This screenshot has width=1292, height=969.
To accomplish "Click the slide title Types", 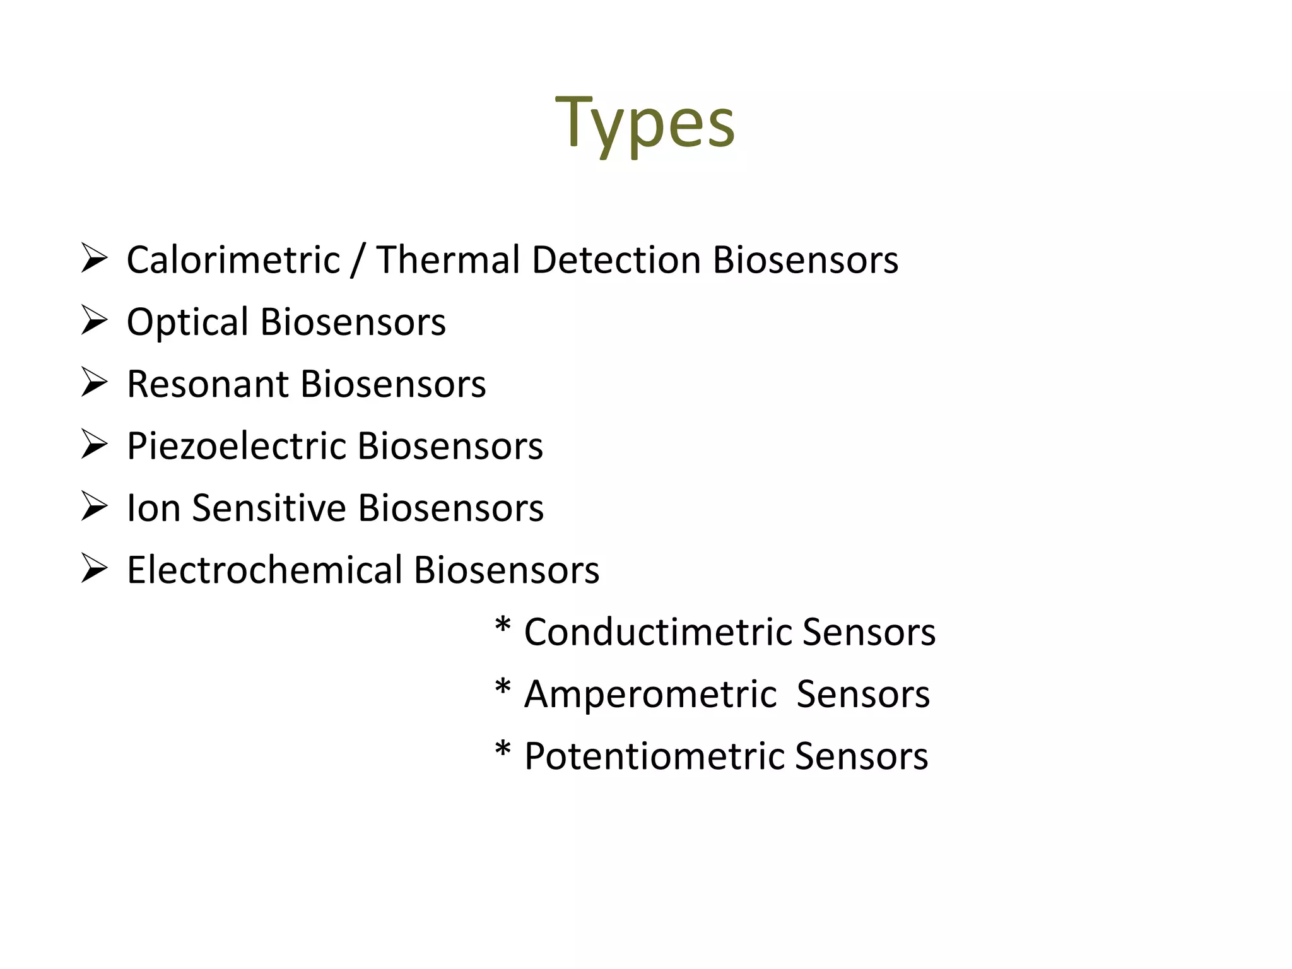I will [x=645, y=123].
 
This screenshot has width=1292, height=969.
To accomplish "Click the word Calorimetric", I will [x=233, y=260].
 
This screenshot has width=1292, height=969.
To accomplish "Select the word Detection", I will [x=616, y=260].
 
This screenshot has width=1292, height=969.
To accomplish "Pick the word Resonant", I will [x=208, y=384].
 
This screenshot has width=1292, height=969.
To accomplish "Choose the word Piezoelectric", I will [x=236, y=446].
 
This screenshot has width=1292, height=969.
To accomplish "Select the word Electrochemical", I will [x=264, y=570].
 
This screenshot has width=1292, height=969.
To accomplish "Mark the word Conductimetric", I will [x=657, y=631].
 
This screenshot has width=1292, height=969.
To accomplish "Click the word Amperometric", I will [x=650, y=694].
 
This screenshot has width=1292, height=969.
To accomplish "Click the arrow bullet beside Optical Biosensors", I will [x=93, y=321].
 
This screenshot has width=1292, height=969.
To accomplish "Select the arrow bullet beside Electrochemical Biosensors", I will [x=93, y=569].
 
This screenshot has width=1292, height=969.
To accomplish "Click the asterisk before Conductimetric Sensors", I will [x=502, y=628].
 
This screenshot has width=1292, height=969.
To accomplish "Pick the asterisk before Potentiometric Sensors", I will [x=502, y=751].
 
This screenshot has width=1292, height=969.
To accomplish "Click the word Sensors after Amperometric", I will [x=862, y=694].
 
